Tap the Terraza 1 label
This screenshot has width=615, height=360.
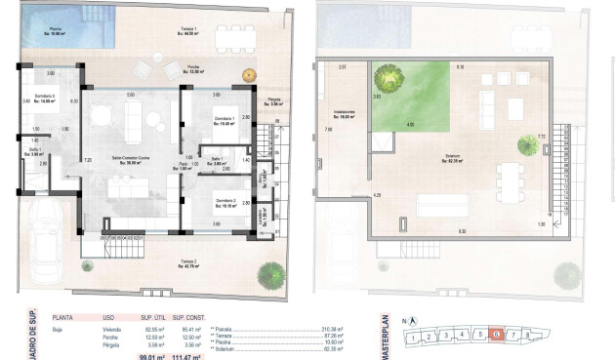(187, 28)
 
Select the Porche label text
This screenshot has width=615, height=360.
(194, 67)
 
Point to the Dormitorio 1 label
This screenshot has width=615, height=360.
(226, 120)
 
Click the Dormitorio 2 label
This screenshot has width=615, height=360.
(226, 204)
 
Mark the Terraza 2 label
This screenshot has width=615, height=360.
(188, 263)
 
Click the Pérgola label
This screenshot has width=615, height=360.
(274, 101)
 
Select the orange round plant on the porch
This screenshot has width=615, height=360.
(249, 74)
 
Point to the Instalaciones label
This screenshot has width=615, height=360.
(343, 113)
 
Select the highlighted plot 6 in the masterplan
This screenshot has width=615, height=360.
(497, 335)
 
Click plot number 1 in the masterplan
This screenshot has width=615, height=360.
(415, 339)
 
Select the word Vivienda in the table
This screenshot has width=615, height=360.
(116, 329)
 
